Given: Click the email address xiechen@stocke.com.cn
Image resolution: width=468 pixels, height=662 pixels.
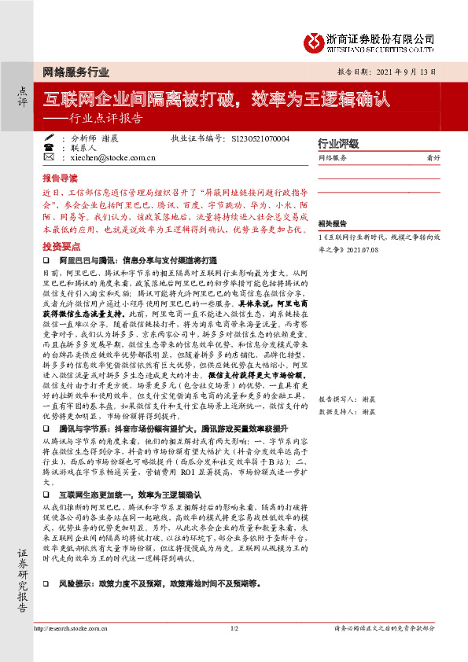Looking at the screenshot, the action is click(109, 158).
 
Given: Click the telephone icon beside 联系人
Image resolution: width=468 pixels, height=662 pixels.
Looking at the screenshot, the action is click(49, 147).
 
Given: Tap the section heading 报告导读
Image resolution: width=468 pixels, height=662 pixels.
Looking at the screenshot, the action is click(60, 178).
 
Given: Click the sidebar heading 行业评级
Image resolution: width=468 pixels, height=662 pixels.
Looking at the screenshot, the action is click(338, 144).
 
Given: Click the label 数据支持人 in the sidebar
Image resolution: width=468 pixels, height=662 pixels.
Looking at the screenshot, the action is click(337, 345).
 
